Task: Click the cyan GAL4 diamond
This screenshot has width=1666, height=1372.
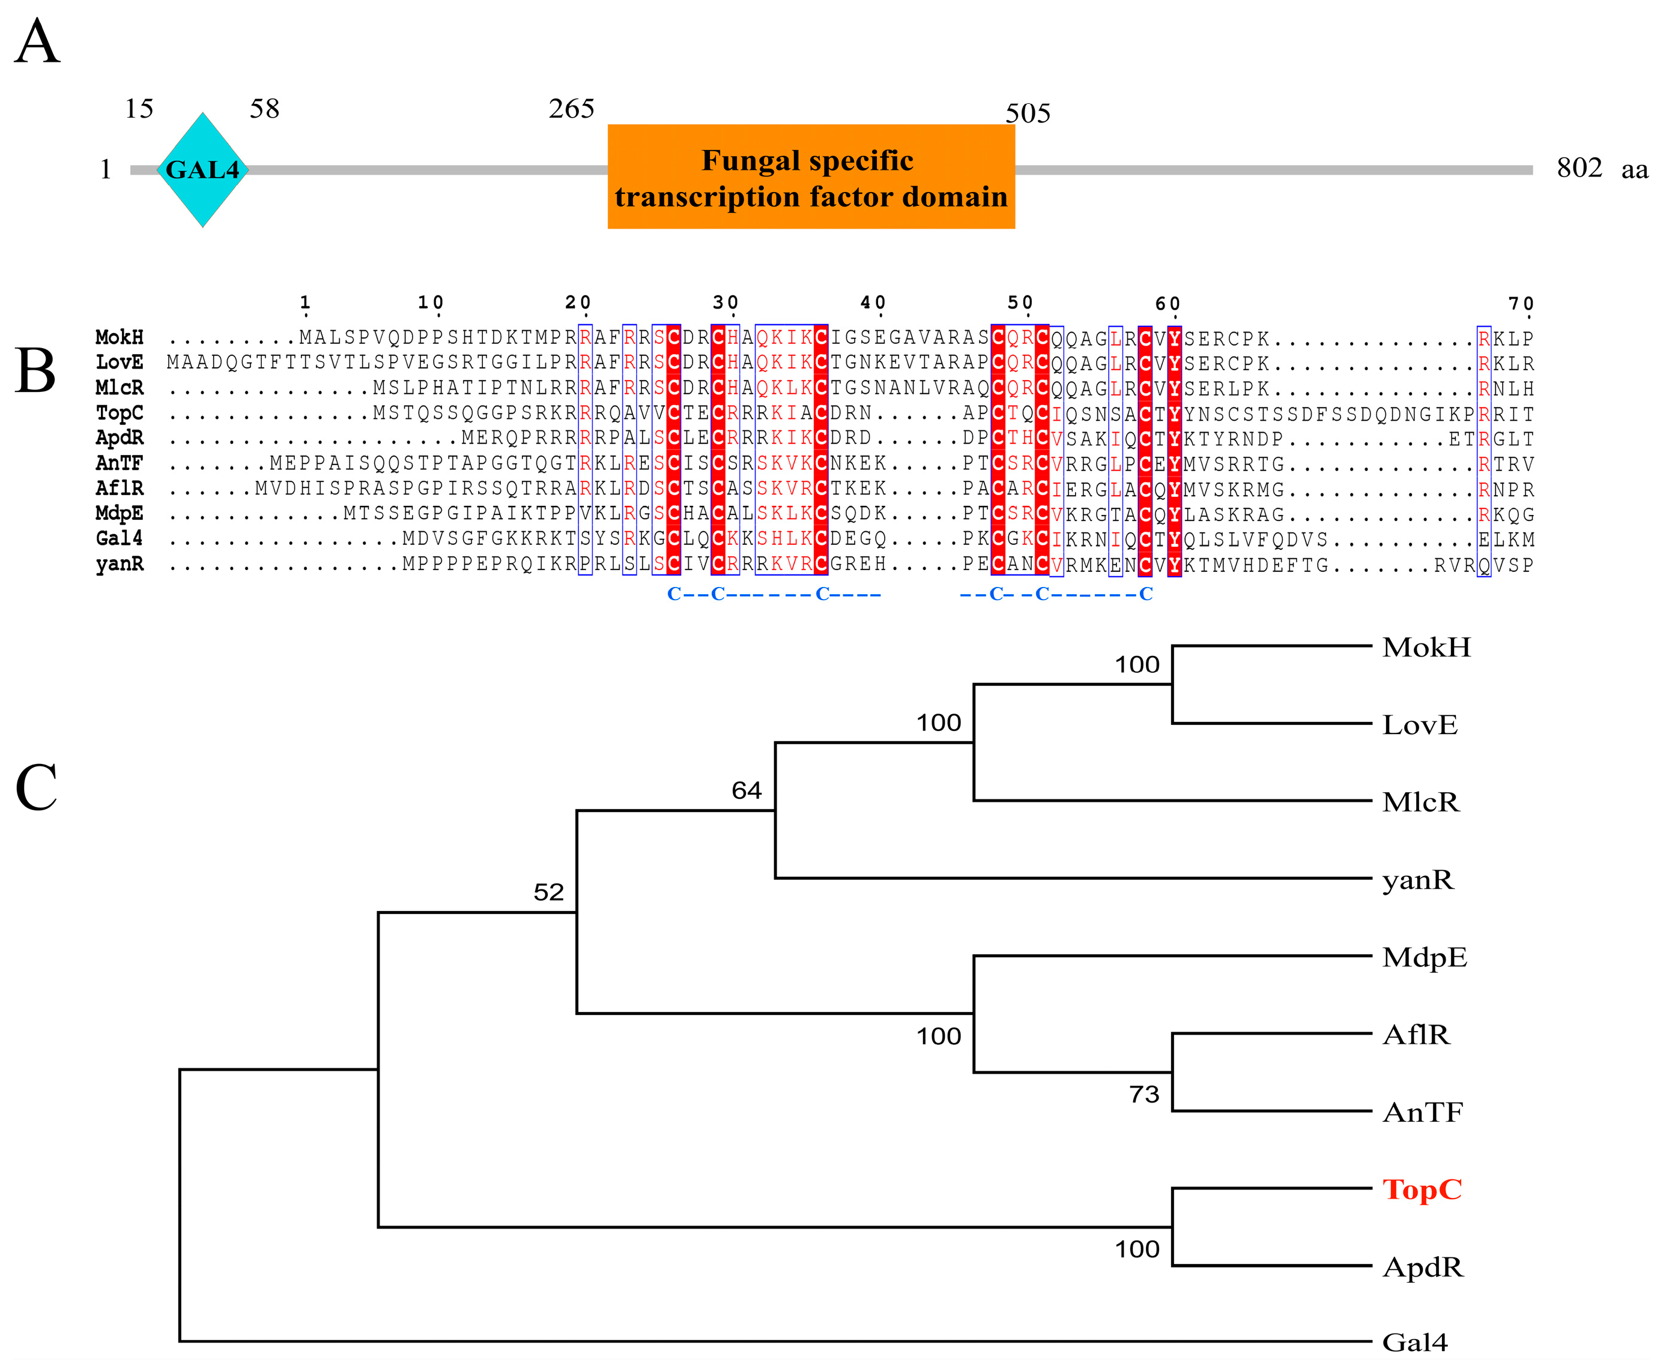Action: pos(202,170)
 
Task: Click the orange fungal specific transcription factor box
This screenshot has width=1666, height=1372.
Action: pos(810,177)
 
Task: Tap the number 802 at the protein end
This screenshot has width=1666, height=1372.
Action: pos(1578,167)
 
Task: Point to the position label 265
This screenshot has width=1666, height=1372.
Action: pos(571,109)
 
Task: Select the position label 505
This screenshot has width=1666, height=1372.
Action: pos(1027,114)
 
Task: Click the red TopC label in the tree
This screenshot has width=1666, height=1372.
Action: pos(1421,1190)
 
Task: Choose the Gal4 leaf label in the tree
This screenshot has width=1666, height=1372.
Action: pos(1414,1343)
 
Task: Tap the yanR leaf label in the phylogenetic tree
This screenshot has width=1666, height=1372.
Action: pos(1417,880)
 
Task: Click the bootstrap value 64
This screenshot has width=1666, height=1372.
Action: pos(746,790)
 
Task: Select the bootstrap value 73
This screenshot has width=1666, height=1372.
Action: pos(1143,1095)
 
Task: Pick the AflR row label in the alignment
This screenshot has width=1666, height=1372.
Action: pos(120,489)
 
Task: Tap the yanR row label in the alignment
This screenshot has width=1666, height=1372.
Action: pos(120,564)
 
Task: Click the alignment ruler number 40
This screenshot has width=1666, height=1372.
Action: pos(873,302)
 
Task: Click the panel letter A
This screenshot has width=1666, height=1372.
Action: pos(37,43)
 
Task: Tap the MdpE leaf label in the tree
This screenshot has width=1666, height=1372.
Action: pos(1424,957)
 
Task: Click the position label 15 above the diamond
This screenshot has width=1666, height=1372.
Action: pos(139,109)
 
